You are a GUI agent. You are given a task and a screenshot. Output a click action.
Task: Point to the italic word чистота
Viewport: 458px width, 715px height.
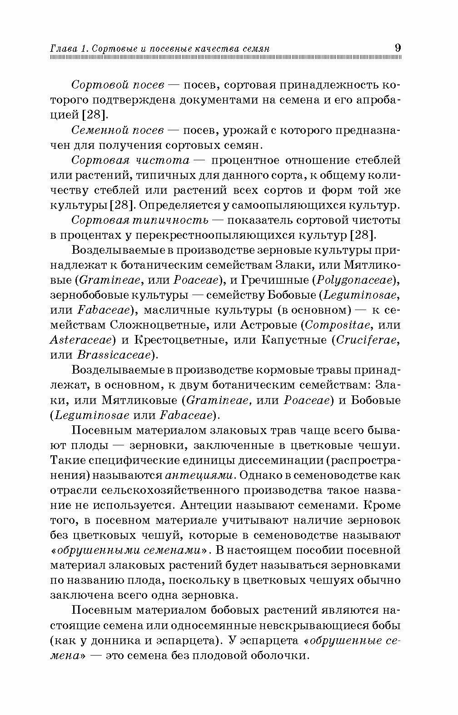(x=161, y=160)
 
